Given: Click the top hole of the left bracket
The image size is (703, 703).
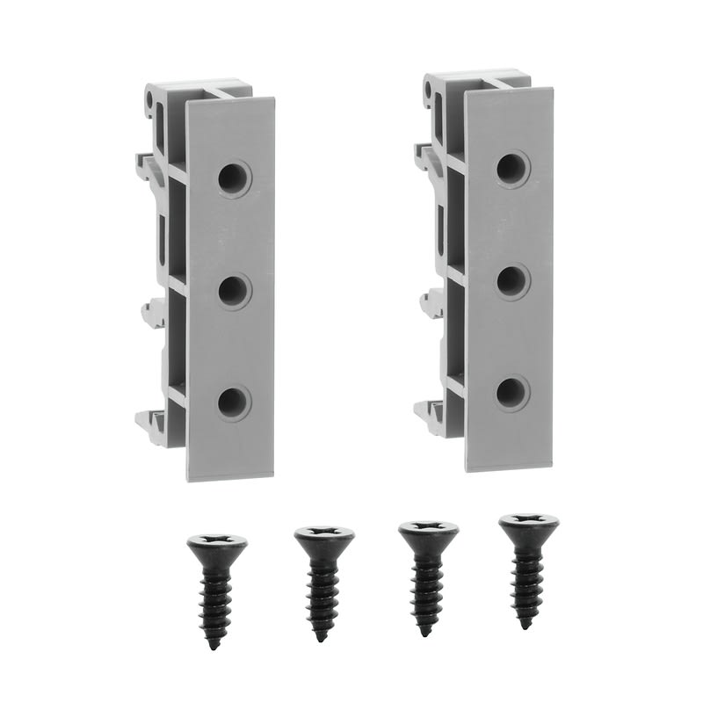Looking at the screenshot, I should (234, 178).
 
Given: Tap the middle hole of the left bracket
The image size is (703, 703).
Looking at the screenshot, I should (234, 291).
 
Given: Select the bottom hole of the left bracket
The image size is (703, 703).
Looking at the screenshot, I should (233, 402).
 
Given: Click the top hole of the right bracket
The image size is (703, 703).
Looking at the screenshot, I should (512, 170).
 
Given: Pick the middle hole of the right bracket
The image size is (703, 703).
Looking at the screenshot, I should (511, 282).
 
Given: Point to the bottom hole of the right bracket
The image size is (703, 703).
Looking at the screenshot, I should (511, 394).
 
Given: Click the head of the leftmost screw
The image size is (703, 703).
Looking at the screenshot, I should (216, 545).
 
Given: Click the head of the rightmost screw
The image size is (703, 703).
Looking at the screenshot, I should (528, 525).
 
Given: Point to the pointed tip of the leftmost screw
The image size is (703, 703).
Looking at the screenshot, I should (214, 646).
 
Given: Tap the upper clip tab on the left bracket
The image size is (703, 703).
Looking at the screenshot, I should (146, 163).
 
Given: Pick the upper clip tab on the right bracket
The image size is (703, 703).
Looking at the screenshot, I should (424, 156).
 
